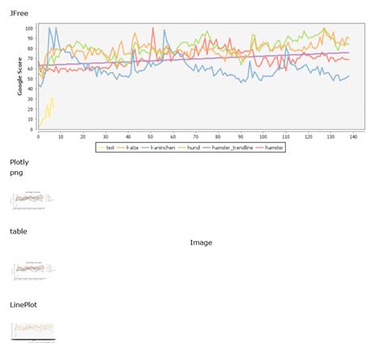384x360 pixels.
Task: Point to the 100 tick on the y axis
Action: coord(29,28)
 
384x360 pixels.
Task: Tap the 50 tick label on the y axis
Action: coord(30,79)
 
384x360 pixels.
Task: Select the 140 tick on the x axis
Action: coord(354,136)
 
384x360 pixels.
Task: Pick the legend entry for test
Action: coord(106,148)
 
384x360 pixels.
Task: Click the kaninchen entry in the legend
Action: coord(160,148)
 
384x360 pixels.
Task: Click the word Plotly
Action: coord(19,162)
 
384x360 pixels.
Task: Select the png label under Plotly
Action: coord(16,173)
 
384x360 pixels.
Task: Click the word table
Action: coord(19,231)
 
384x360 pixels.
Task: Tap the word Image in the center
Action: coord(201,242)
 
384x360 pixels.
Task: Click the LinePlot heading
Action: coord(23,304)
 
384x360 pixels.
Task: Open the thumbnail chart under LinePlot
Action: coord(33,330)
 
